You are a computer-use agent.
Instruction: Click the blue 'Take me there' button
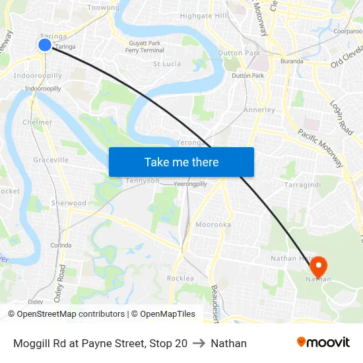point(181,162)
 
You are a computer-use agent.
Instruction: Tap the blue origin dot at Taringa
point(45,45)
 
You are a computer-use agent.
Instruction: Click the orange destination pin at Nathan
point(318,267)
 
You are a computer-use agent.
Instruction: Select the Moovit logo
point(323,343)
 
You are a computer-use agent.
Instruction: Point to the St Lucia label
point(167,64)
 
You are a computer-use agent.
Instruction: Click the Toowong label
point(104,8)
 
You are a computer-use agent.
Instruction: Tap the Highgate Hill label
point(204,16)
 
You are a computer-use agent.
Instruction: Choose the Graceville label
point(51,160)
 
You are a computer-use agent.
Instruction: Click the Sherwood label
point(69,203)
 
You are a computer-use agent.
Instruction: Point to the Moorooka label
point(213,225)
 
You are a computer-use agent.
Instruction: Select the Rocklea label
point(180,279)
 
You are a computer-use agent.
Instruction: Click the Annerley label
point(259,110)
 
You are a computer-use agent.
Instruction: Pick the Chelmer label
point(37,122)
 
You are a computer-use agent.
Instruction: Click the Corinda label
point(61,245)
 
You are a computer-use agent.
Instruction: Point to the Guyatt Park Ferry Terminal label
point(145,47)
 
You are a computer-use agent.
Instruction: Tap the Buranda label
point(291,61)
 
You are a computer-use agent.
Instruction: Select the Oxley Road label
point(62,283)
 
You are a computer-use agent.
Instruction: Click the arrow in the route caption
point(199,343)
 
